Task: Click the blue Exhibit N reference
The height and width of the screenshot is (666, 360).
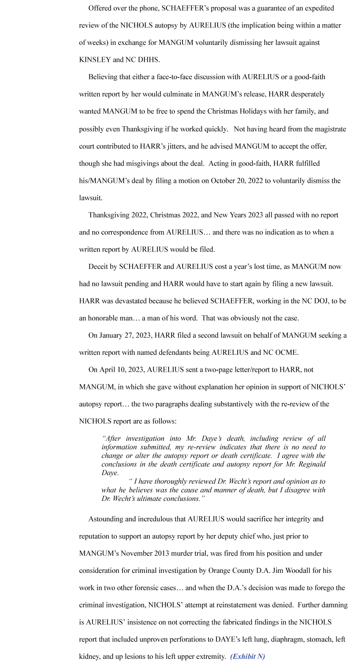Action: click(x=248, y=656)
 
